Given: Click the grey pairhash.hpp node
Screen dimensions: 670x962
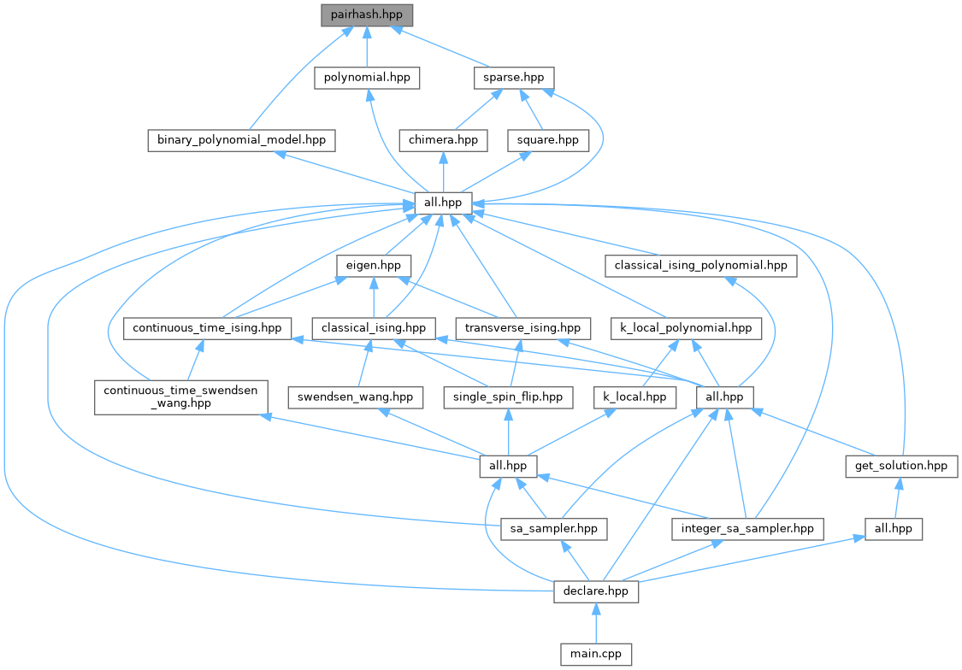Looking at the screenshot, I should (366, 15).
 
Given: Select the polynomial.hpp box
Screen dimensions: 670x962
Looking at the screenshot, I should (367, 77).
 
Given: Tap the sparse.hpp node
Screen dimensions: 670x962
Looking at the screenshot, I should (513, 77).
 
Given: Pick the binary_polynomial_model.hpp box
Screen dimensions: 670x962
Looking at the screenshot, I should (240, 139).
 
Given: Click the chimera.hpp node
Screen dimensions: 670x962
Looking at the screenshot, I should (443, 139).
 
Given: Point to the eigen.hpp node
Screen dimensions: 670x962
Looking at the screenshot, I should (375, 265).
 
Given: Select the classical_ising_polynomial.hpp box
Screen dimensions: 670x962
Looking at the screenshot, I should (701, 265).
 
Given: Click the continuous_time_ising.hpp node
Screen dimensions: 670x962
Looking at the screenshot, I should (208, 327).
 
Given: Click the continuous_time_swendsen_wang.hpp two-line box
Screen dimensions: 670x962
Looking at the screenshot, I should (180, 397).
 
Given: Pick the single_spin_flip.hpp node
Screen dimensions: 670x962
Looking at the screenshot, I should (508, 397).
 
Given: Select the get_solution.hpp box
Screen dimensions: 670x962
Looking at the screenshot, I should (900, 466).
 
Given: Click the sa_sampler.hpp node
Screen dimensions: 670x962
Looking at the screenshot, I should (553, 528).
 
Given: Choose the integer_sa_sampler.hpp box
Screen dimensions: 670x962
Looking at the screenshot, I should (747, 528).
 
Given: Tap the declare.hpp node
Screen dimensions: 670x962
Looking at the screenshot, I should (596, 591).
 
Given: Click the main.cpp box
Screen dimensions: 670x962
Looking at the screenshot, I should (596, 655).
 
